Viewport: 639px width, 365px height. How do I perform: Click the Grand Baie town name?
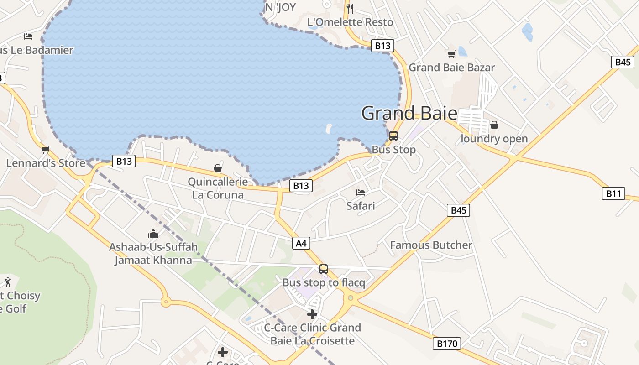tap(409, 113)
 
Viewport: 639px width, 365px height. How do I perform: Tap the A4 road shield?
tap(301, 243)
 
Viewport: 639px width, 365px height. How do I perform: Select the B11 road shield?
tap(613, 193)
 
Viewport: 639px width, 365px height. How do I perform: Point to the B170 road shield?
tap(446, 344)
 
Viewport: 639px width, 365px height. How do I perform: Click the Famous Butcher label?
tap(431, 245)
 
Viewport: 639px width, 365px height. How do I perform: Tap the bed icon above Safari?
tap(361, 193)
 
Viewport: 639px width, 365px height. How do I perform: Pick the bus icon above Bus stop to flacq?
tap(324, 269)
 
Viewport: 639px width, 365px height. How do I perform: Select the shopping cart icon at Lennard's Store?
tap(45, 150)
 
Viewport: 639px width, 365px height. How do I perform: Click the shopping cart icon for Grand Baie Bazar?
tap(451, 54)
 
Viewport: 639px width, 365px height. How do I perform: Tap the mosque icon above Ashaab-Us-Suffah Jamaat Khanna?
tap(153, 234)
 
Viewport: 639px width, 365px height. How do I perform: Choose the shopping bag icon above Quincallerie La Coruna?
tap(218, 168)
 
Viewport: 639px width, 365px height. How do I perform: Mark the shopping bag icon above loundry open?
tap(494, 125)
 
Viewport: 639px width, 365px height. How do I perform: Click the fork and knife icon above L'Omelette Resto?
tap(350, 8)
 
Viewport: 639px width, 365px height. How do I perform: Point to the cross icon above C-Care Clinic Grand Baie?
tap(312, 314)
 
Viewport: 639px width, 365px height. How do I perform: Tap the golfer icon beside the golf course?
tap(8, 282)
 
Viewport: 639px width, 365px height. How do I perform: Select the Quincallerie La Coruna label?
tap(218, 188)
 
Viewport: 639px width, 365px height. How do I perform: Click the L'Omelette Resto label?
tap(350, 22)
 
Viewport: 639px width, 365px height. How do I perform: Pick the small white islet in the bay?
tap(329, 128)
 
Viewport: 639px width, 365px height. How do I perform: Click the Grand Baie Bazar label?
tap(451, 68)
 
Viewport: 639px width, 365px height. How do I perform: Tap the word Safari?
tap(361, 206)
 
